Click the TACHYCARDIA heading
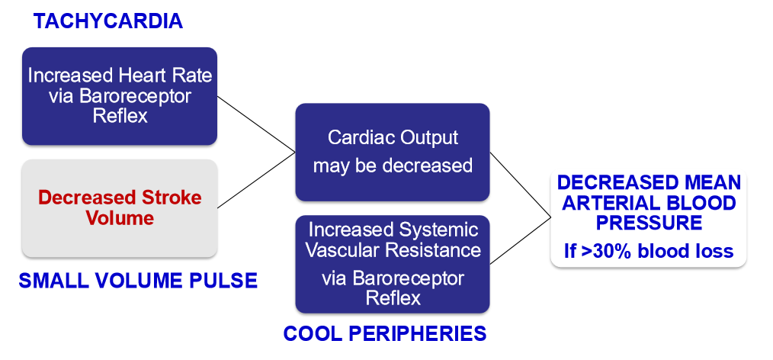(107, 21)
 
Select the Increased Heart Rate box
(120, 96)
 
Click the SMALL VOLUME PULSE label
(138, 281)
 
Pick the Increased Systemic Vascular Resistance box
(393, 264)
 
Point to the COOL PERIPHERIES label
(385, 333)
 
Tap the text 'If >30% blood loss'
(648, 251)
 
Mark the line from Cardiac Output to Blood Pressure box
(520, 184)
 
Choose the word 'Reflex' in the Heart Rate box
(120, 115)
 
